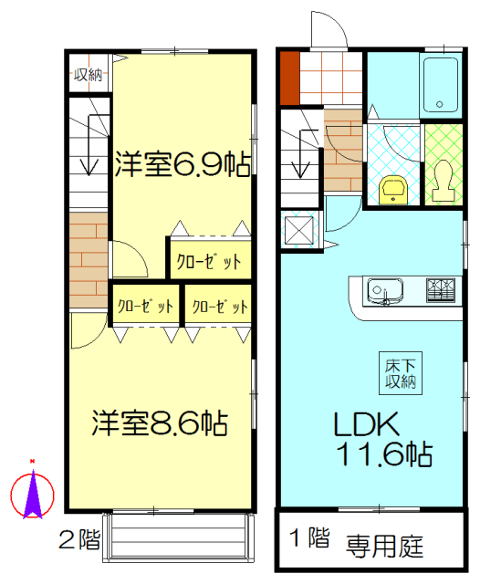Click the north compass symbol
click(x=33, y=491)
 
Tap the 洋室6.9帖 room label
click(x=183, y=164)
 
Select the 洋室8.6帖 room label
click(x=160, y=422)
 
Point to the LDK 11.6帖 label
click(x=382, y=439)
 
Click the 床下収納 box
click(x=401, y=373)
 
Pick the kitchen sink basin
click(x=385, y=290)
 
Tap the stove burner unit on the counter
click(x=441, y=290)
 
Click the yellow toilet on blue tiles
click(x=393, y=190)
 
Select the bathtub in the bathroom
click(x=441, y=85)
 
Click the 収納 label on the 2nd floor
click(x=88, y=75)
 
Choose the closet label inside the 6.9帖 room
click(x=209, y=262)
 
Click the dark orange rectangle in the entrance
click(x=290, y=78)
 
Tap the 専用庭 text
click(x=384, y=547)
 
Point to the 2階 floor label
click(x=79, y=539)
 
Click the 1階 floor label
click(x=309, y=537)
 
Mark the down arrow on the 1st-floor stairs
click(x=301, y=153)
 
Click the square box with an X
click(x=299, y=231)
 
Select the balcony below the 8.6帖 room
click(x=179, y=537)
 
